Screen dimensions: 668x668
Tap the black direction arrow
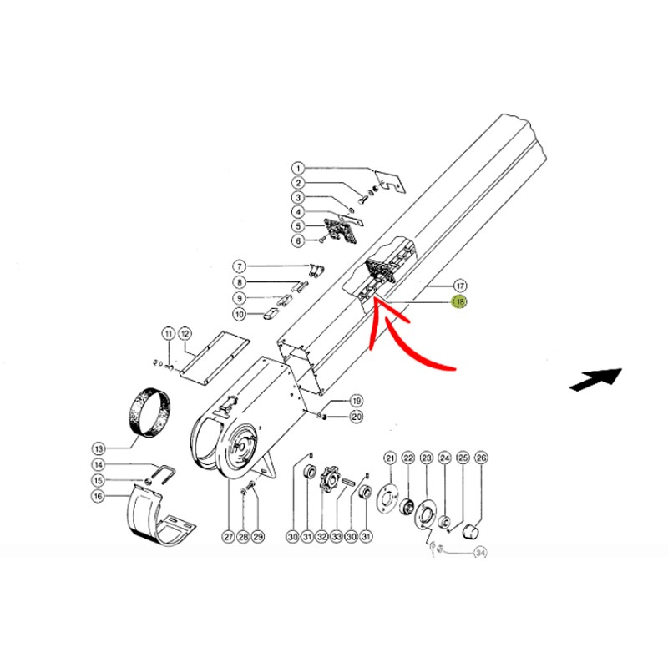click(596, 378)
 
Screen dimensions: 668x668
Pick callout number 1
click(298, 169)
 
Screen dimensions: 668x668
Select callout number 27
click(229, 536)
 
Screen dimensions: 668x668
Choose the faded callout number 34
click(480, 553)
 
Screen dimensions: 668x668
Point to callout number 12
click(185, 333)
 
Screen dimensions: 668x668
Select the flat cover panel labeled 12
click(215, 359)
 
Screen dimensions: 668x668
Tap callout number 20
click(357, 416)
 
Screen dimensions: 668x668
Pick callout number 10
click(240, 315)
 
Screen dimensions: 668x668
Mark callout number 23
click(427, 458)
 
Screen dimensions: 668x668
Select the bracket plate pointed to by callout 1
click(390, 182)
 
